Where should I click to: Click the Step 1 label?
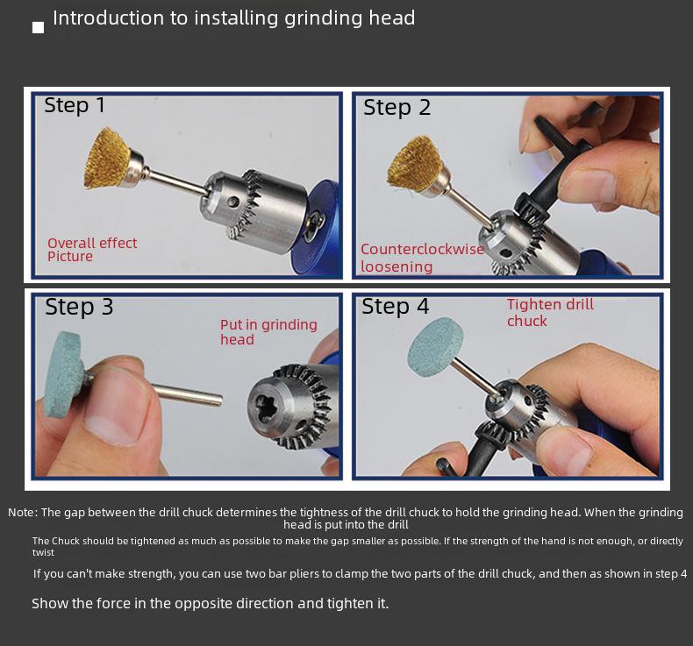pyautogui.click(x=75, y=105)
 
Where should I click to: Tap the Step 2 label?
pyautogui.click(x=397, y=108)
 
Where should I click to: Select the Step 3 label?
pyautogui.click(x=79, y=307)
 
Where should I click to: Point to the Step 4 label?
pyautogui.click(x=395, y=306)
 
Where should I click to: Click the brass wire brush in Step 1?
pyautogui.click(x=107, y=158)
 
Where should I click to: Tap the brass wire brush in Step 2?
pyautogui.click(x=412, y=162)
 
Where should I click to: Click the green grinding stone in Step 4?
pyautogui.click(x=435, y=346)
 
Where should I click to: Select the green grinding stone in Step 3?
pyautogui.click(x=64, y=374)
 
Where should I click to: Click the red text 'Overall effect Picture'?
pyautogui.click(x=92, y=250)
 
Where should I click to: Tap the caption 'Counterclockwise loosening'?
pyautogui.click(x=422, y=258)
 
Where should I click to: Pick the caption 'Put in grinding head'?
pyautogui.click(x=268, y=332)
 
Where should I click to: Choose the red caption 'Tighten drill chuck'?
pyautogui.click(x=550, y=313)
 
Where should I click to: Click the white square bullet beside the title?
pyautogui.click(x=39, y=27)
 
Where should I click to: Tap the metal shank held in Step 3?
pyautogui.click(x=187, y=394)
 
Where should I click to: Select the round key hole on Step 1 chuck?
pyautogui.click(x=233, y=202)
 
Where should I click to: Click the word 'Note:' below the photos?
pyautogui.click(x=23, y=513)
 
